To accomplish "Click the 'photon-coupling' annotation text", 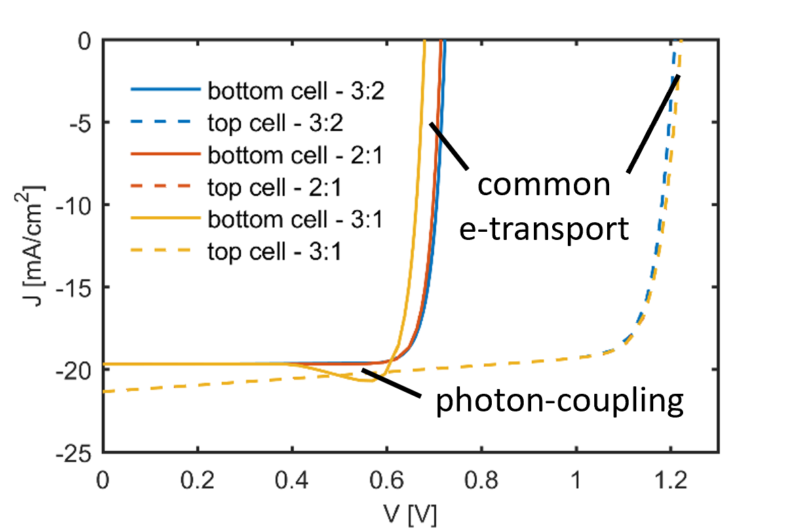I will pos(558,401).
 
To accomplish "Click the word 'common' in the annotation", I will pos(544,184).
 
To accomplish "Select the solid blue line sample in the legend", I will pos(166,90).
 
